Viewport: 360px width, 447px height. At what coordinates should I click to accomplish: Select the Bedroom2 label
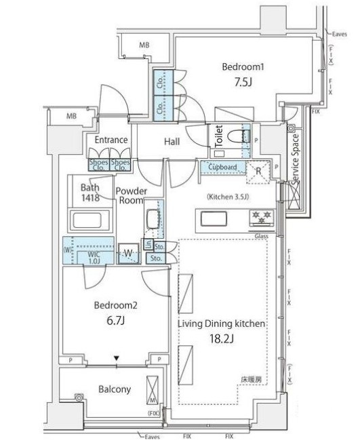click(115, 305)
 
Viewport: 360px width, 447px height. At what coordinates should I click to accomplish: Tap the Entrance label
click(111, 140)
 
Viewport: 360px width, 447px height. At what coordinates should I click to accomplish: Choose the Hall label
click(172, 142)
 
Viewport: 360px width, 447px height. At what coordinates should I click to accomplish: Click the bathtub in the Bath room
click(90, 220)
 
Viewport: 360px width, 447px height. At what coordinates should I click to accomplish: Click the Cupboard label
click(222, 166)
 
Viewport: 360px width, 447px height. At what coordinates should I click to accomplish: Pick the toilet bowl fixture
click(237, 136)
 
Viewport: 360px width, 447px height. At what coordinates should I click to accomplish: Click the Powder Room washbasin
click(153, 218)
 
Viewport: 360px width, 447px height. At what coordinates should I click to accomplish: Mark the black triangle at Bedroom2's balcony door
click(116, 357)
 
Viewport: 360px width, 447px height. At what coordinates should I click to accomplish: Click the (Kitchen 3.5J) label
click(228, 197)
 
